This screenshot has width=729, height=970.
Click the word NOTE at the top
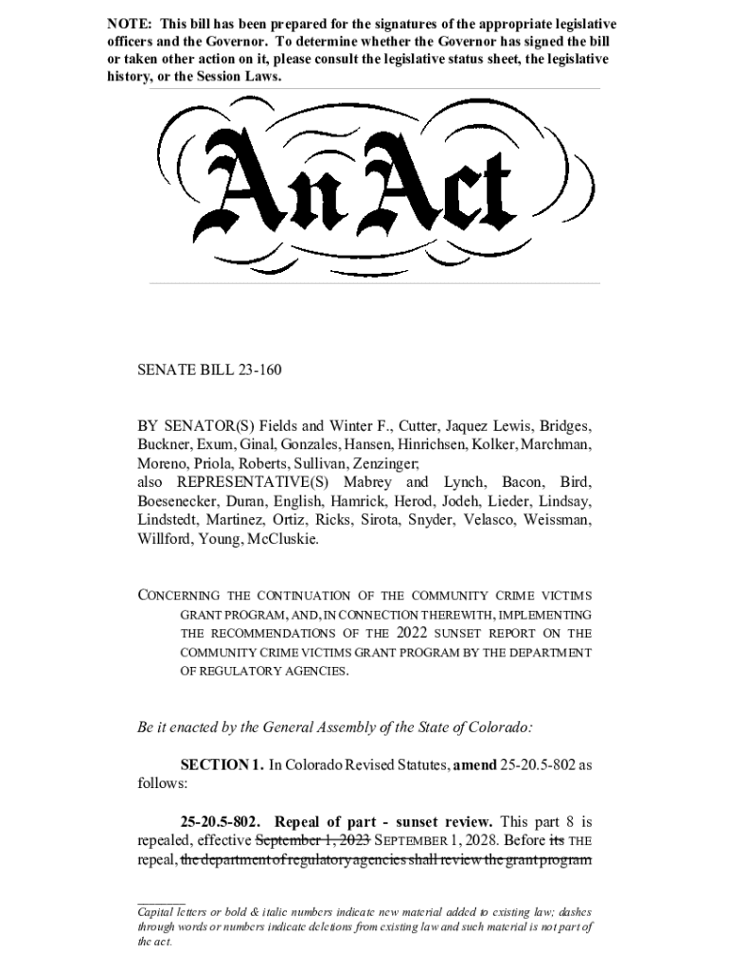tap(128, 23)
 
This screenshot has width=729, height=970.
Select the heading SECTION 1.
tap(222, 765)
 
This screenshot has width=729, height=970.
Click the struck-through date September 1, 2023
tap(308, 840)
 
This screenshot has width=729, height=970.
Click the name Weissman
tap(553, 520)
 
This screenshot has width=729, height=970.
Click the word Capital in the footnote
tap(158, 910)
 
